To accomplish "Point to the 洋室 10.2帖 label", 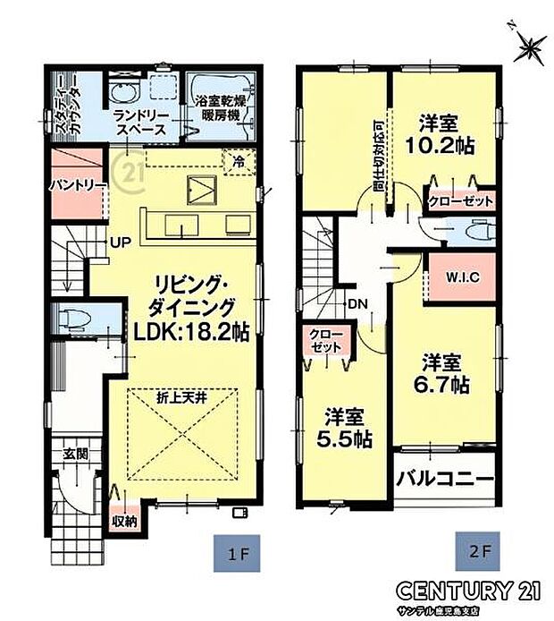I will click(x=443, y=133).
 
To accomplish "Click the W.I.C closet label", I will click(x=461, y=276).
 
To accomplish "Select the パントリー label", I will click(x=78, y=185).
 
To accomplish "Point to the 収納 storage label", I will click(x=124, y=521).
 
